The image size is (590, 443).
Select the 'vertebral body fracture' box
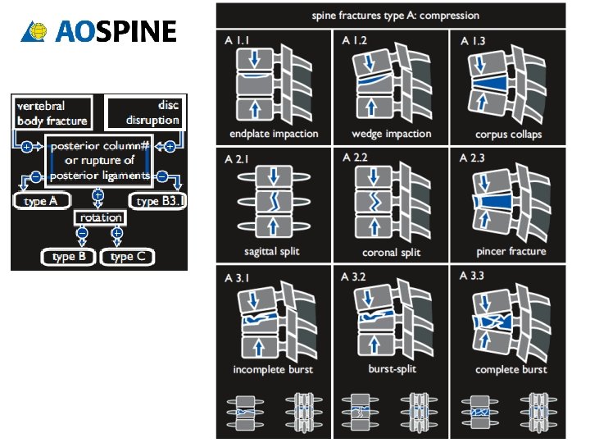click(x=52, y=113)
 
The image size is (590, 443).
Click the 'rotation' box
click(x=100, y=218)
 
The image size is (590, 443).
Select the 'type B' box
click(x=69, y=257)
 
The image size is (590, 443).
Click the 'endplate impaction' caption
click(x=273, y=135)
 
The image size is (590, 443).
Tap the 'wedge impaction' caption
click(x=391, y=134)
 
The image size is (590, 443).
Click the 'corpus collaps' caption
click(x=508, y=135)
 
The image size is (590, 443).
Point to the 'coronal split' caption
click(x=391, y=252)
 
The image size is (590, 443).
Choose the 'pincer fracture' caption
click(x=511, y=251)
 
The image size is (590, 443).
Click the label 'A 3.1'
click(x=237, y=277)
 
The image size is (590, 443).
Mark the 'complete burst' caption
click(x=511, y=370)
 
